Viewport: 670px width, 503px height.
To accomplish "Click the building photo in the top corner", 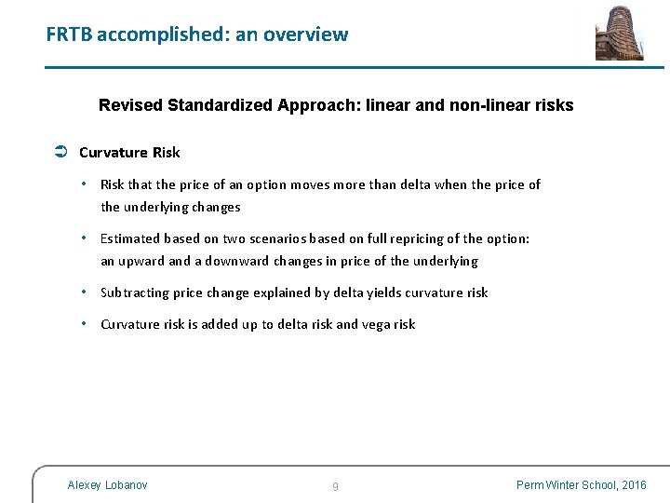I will point(619,33).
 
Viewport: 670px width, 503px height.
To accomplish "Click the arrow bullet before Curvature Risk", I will point(59,152).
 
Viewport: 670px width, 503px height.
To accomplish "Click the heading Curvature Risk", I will point(129,152).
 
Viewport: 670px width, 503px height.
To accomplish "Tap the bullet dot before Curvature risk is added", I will point(85,323).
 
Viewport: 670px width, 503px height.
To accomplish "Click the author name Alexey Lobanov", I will point(107,484).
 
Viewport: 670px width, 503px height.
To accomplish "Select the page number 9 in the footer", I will point(335,486).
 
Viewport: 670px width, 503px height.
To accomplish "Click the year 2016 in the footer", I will point(633,484).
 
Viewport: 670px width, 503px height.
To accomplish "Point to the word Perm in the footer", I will point(530,484).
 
